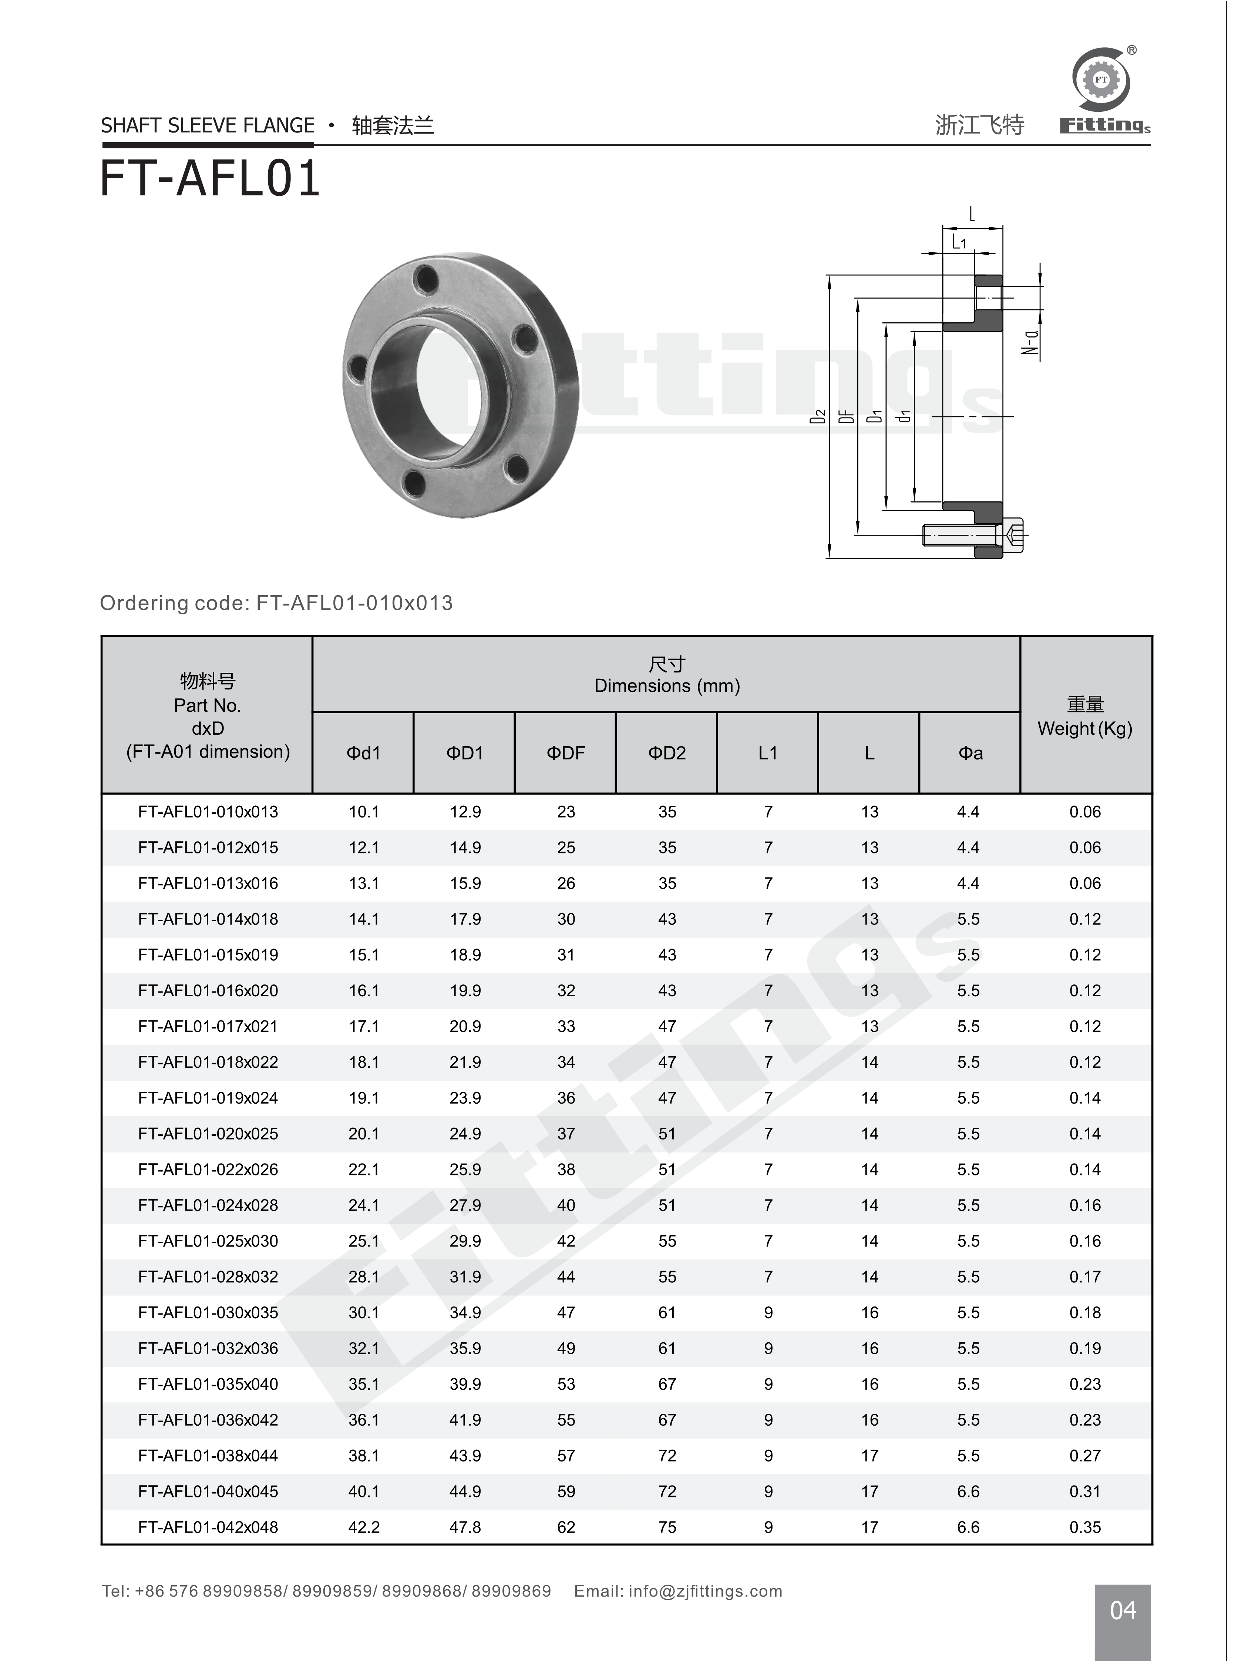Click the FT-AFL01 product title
coord(210,180)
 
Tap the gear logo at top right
coord(1101,80)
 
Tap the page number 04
coord(1122,1610)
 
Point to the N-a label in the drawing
coord(1032,343)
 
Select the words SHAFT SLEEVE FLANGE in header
coord(208,126)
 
